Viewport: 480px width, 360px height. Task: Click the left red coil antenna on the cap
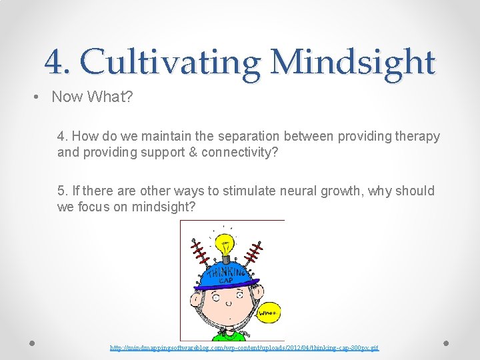(x=198, y=253)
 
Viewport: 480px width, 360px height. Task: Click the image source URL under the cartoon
(x=244, y=347)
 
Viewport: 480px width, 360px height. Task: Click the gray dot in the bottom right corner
(x=446, y=343)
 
